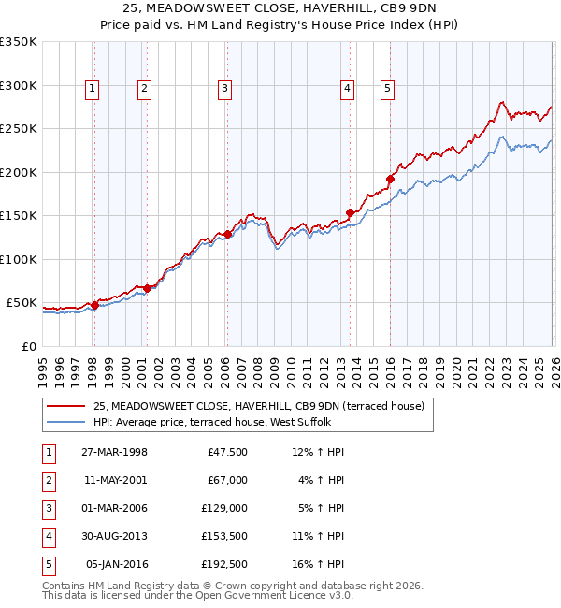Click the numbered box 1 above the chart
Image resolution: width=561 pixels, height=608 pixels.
point(93,89)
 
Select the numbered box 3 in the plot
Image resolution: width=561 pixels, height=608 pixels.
point(226,89)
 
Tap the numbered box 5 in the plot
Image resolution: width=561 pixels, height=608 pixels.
point(387,89)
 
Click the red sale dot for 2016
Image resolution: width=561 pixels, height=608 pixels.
point(390,179)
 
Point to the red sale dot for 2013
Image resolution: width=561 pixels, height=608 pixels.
point(351,212)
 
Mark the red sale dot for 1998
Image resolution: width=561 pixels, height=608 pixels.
point(94,305)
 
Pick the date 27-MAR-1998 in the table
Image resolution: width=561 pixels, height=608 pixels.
point(115,452)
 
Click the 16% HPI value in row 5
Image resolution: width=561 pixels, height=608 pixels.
point(318,564)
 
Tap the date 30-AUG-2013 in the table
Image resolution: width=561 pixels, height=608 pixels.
point(115,536)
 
